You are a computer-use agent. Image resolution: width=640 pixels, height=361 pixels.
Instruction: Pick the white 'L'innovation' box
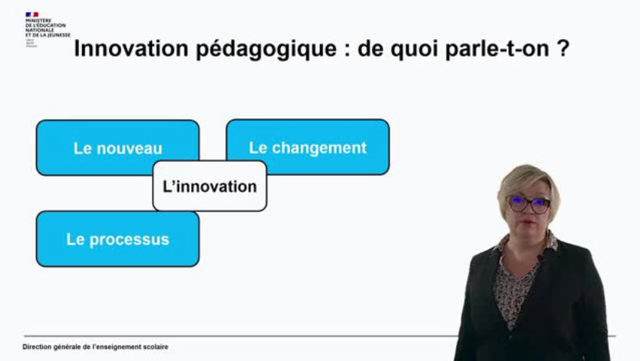tap(209, 186)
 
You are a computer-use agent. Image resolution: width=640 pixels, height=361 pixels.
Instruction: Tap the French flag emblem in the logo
tap(31, 14)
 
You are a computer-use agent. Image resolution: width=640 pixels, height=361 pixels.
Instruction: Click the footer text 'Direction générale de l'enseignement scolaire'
tap(96, 347)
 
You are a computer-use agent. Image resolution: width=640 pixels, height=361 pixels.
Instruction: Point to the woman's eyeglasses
tap(529, 203)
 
